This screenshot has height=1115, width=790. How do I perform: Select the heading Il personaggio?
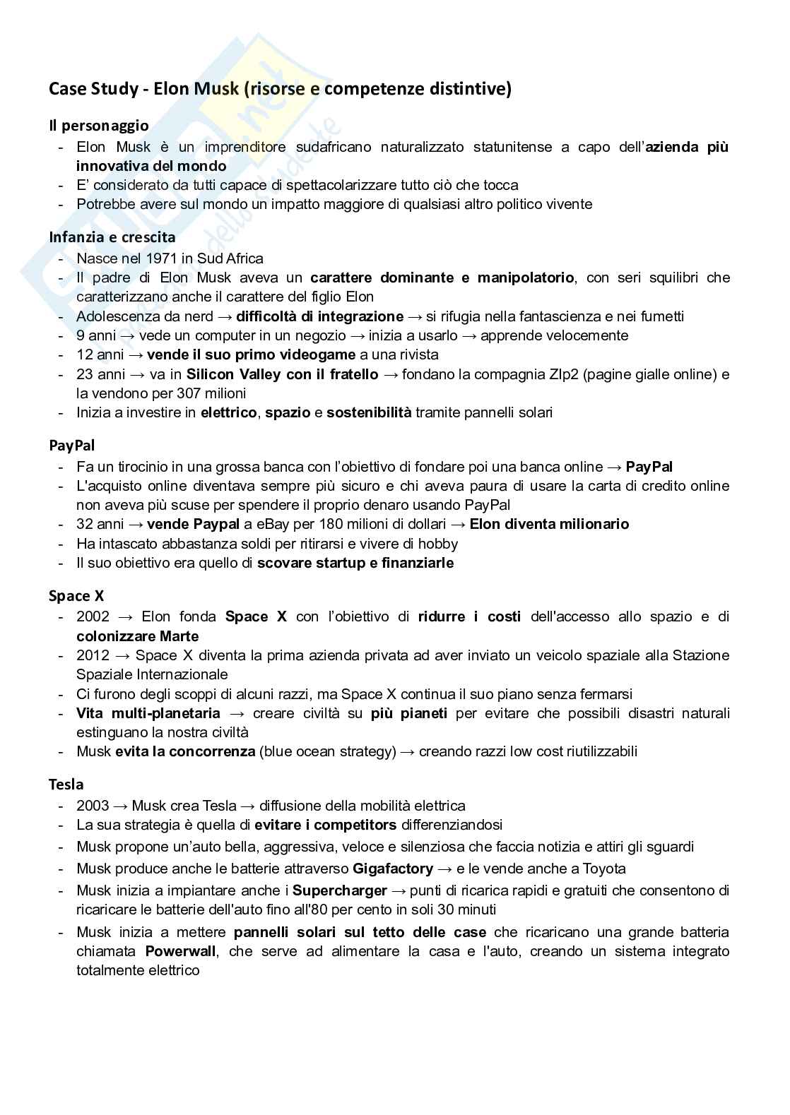click(98, 126)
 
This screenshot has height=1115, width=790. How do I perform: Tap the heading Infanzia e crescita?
click(112, 237)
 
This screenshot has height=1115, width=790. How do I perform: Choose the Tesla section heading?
click(66, 785)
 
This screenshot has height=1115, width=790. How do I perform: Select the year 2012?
click(92, 655)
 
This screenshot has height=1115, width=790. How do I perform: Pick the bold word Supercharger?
click(340, 890)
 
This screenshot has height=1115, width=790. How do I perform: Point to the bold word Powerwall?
click(180, 951)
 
